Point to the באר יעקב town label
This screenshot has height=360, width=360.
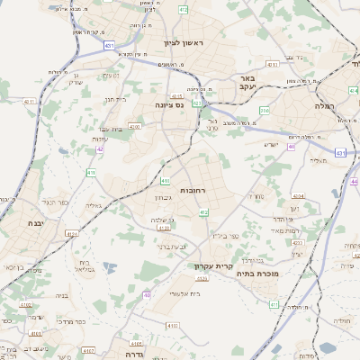point(248,84)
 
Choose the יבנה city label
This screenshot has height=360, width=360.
point(35,222)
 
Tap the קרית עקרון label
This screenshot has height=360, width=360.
point(212,265)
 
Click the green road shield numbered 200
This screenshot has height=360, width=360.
point(265,110)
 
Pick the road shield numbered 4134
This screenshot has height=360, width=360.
point(164,231)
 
